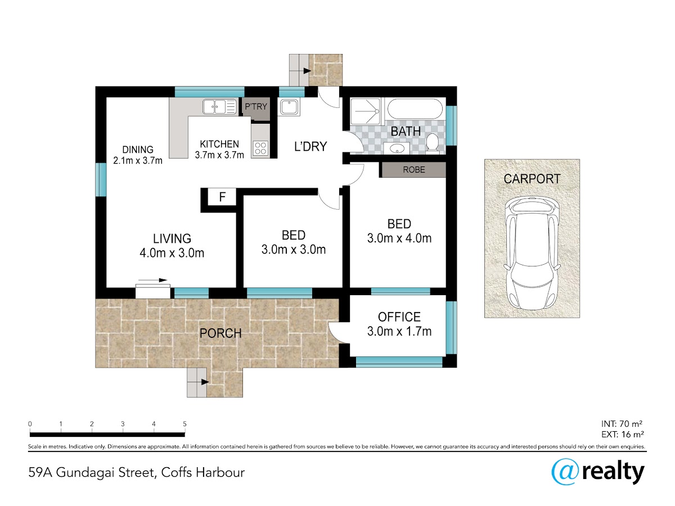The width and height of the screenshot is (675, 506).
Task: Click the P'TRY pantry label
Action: click(256, 107)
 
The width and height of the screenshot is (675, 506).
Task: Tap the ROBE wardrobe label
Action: click(414, 170)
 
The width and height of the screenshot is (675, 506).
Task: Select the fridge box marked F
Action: click(222, 197)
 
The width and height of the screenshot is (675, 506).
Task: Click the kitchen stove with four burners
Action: click(260, 148)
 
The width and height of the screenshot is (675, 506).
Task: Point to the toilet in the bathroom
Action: click(433, 142)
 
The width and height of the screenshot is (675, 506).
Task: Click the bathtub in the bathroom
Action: click(415, 109)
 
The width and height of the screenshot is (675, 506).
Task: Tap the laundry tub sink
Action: click(289, 107)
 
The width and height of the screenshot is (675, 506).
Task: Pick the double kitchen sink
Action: click(219, 107)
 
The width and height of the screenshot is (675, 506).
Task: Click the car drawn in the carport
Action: click(532, 253)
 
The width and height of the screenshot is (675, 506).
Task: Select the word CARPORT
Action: click(532, 179)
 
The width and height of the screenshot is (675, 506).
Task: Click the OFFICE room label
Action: click(399, 317)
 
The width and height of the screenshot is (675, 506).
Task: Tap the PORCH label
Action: click(220, 333)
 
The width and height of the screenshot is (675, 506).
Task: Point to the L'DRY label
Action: click(310, 147)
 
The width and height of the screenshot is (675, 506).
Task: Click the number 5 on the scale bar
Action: click(184, 424)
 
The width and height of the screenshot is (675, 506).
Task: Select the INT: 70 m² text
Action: click(622, 424)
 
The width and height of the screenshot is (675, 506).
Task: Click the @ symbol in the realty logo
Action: click(565, 472)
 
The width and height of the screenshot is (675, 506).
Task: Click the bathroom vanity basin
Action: click(397, 148)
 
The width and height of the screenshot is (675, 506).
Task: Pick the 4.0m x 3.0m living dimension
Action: click(172, 253)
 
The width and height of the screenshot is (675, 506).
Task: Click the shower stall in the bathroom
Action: click(366, 111)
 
